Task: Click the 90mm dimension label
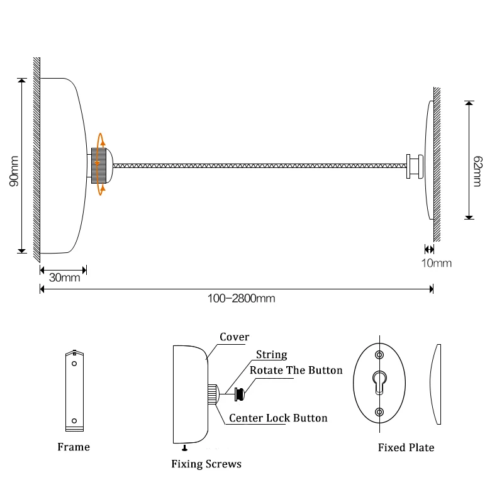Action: click(14, 171)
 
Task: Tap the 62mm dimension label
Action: click(477, 171)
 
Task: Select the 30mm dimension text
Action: click(65, 277)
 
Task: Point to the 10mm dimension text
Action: click(437, 263)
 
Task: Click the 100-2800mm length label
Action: click(241, 299)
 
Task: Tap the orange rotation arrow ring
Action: click(101, 164)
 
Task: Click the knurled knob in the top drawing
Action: click(99, 165)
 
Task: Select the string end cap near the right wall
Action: click(415, 167)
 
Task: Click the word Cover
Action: click(234, 337)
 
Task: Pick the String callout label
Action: click(272, 354)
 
